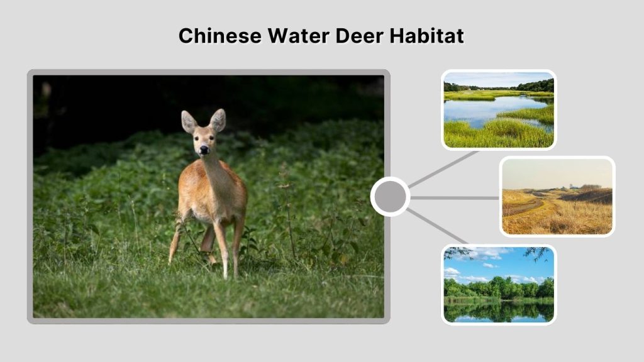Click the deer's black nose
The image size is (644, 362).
(x=204, y=150)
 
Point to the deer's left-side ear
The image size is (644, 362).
(x=188, y=121)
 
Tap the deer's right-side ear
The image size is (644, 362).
(x=218, y=119)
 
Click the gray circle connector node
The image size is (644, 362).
(x=390, y=197)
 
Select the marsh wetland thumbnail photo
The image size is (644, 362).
(x=499, y=110)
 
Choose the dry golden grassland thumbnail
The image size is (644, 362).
(x=557, y=196)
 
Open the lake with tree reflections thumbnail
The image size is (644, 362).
(x=499, y=284)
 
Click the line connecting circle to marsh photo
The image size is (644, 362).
(x=443, y=168)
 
